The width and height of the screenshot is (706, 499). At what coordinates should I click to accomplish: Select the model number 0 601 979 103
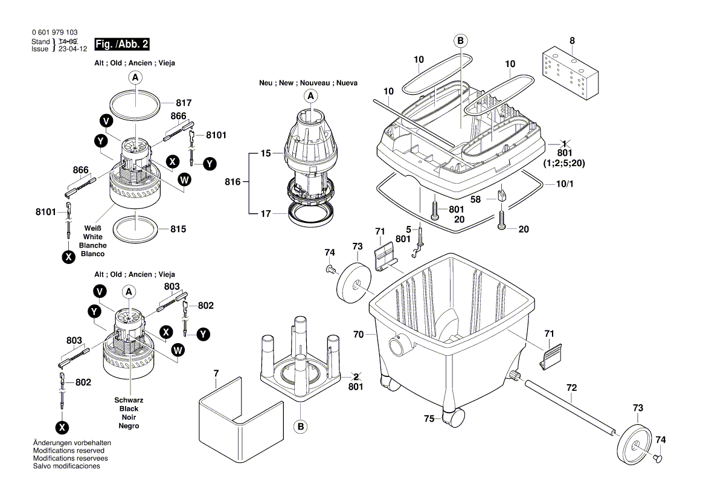pos(54,33)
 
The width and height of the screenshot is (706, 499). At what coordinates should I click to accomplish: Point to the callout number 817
pos(184,103)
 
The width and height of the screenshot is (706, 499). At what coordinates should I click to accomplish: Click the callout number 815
pos(178,229)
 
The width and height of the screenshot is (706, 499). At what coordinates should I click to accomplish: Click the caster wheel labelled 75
pos(454,417)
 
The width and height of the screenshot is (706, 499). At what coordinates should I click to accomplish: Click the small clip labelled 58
pos(501,195)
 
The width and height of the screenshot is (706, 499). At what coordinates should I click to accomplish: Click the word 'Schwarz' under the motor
pos(129,401)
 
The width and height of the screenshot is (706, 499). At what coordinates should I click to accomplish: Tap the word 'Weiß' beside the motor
pos(92,228)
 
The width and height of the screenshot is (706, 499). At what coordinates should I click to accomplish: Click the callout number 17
pos(266,213)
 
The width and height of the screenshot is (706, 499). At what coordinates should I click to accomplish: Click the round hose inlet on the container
pos(399,346)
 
